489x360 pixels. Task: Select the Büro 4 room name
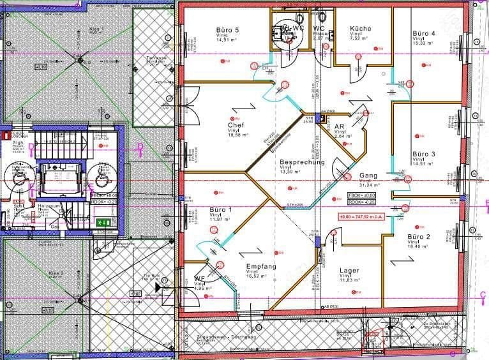tap(424, 33)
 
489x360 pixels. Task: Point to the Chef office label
tap(236, 125)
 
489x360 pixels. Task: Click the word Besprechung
tap(302, 162)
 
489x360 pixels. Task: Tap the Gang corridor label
tap(368, 175)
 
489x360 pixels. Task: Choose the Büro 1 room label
tap(221, 210)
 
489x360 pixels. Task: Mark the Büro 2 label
tap(419, 236)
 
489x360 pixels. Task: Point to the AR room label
tap(340, 127)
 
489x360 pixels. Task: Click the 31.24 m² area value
tap(368, 185)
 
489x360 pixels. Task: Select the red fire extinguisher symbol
tap(5, 135)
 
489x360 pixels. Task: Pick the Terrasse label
tap(156, 58)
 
